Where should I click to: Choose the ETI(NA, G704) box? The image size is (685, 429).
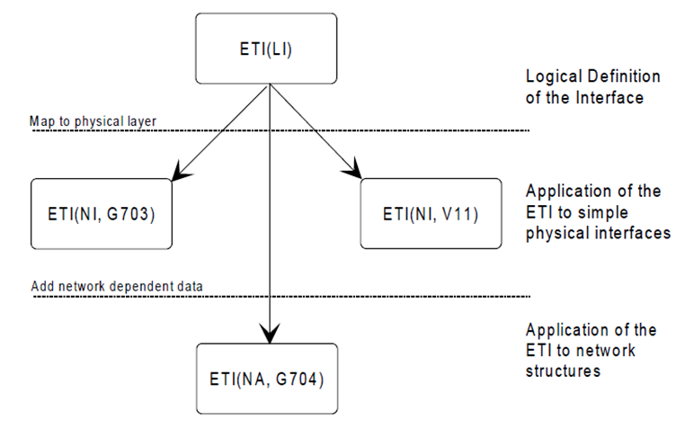pyautogui.click(x=267, y=379)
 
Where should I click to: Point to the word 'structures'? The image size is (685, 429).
pyautogui.click(x=562, y=371)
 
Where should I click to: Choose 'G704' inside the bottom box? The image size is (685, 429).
pyautogui.click(x=304, y=379)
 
